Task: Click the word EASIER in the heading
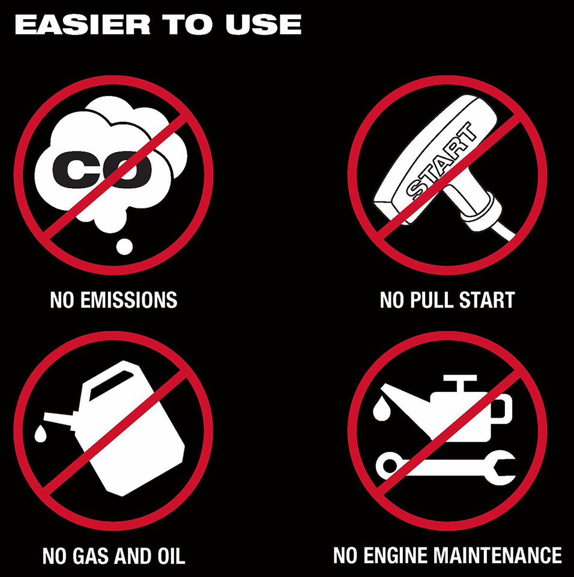point(82,25)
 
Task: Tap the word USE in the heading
point(264,25)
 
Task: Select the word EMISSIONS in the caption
point(128,299)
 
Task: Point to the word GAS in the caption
point(91,555)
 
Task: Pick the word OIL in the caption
point(171,555)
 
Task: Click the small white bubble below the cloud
point(124,246)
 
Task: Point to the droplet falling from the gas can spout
point(40,433)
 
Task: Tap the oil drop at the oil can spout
point(381,408)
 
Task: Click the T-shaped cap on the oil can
point(460,383)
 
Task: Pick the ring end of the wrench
point(388,465)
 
